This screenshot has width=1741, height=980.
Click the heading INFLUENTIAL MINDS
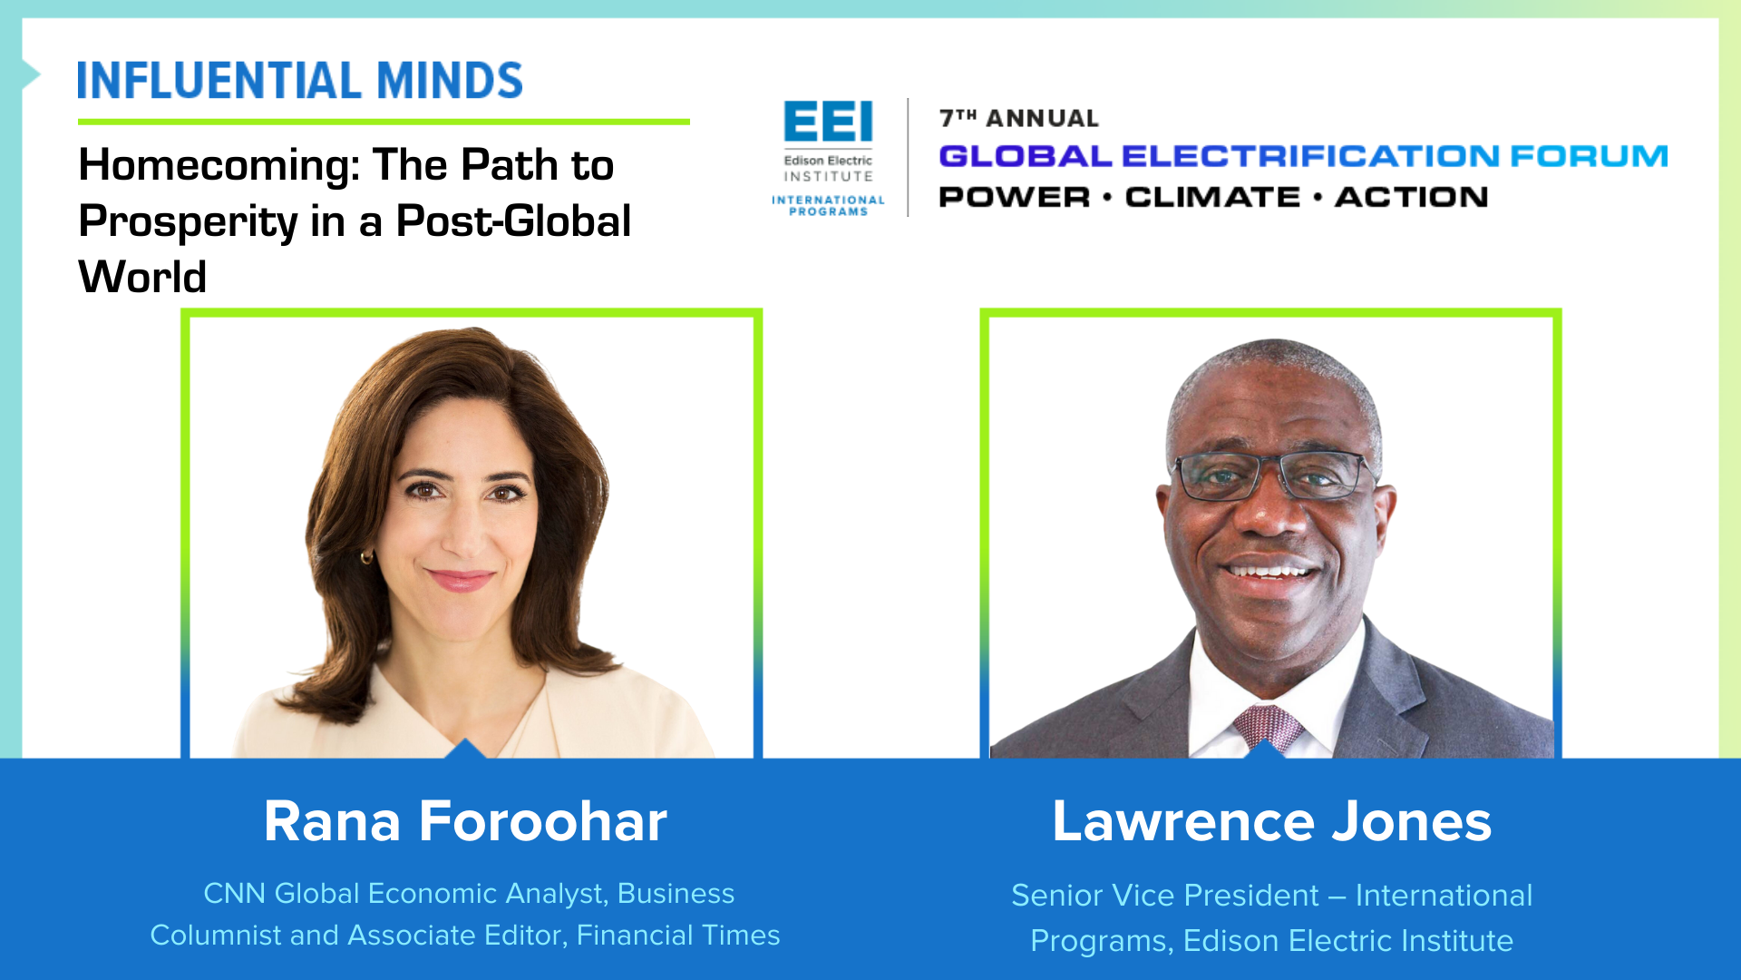tap(300, 81)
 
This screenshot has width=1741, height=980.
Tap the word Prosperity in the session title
tap(188, 223)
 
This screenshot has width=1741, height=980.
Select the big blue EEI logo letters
tap(828, 122)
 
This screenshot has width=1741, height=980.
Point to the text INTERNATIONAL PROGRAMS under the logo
tap(828, 205)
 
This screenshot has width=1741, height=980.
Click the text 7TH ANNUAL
tap(1018, 118)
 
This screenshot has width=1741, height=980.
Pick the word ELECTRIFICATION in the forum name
tap(1310, 156)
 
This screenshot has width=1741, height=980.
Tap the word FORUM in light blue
tap(1589, 156)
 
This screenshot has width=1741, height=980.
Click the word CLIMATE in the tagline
tap(1212, 197)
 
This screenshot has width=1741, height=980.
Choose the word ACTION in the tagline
tap(1411, 197)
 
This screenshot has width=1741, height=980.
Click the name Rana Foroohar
tap(465, 821)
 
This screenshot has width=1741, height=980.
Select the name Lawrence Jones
tap(1271, 821)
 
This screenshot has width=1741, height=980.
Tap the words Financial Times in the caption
tap(678, 935)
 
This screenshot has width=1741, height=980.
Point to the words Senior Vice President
tap(1165, 895)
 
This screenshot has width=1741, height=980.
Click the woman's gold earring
tap(367, 556)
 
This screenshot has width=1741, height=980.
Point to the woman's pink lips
tap(460, 579)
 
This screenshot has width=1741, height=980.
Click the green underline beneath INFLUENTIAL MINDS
tap(384, 122)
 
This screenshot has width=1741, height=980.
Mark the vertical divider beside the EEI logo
tap(908, 157)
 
